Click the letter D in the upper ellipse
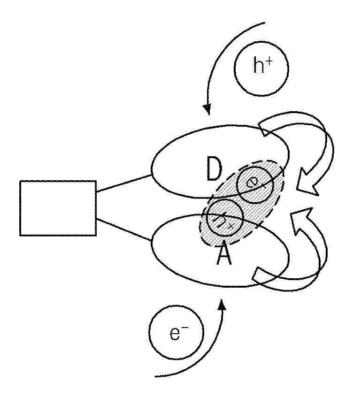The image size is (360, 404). click(214, 168)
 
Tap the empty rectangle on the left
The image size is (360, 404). click(58, 208)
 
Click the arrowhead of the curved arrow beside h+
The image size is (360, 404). click(207, 109)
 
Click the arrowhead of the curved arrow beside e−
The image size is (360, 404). click(222, 305)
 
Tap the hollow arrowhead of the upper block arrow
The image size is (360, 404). click(306, 183)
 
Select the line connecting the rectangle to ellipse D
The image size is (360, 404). click(124, 183)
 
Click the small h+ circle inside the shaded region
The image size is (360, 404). click(225, 218)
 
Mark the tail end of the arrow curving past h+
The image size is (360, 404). click(265, 23)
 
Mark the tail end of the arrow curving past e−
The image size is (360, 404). click(155, 377)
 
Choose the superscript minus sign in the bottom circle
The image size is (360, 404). click(185, 328)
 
